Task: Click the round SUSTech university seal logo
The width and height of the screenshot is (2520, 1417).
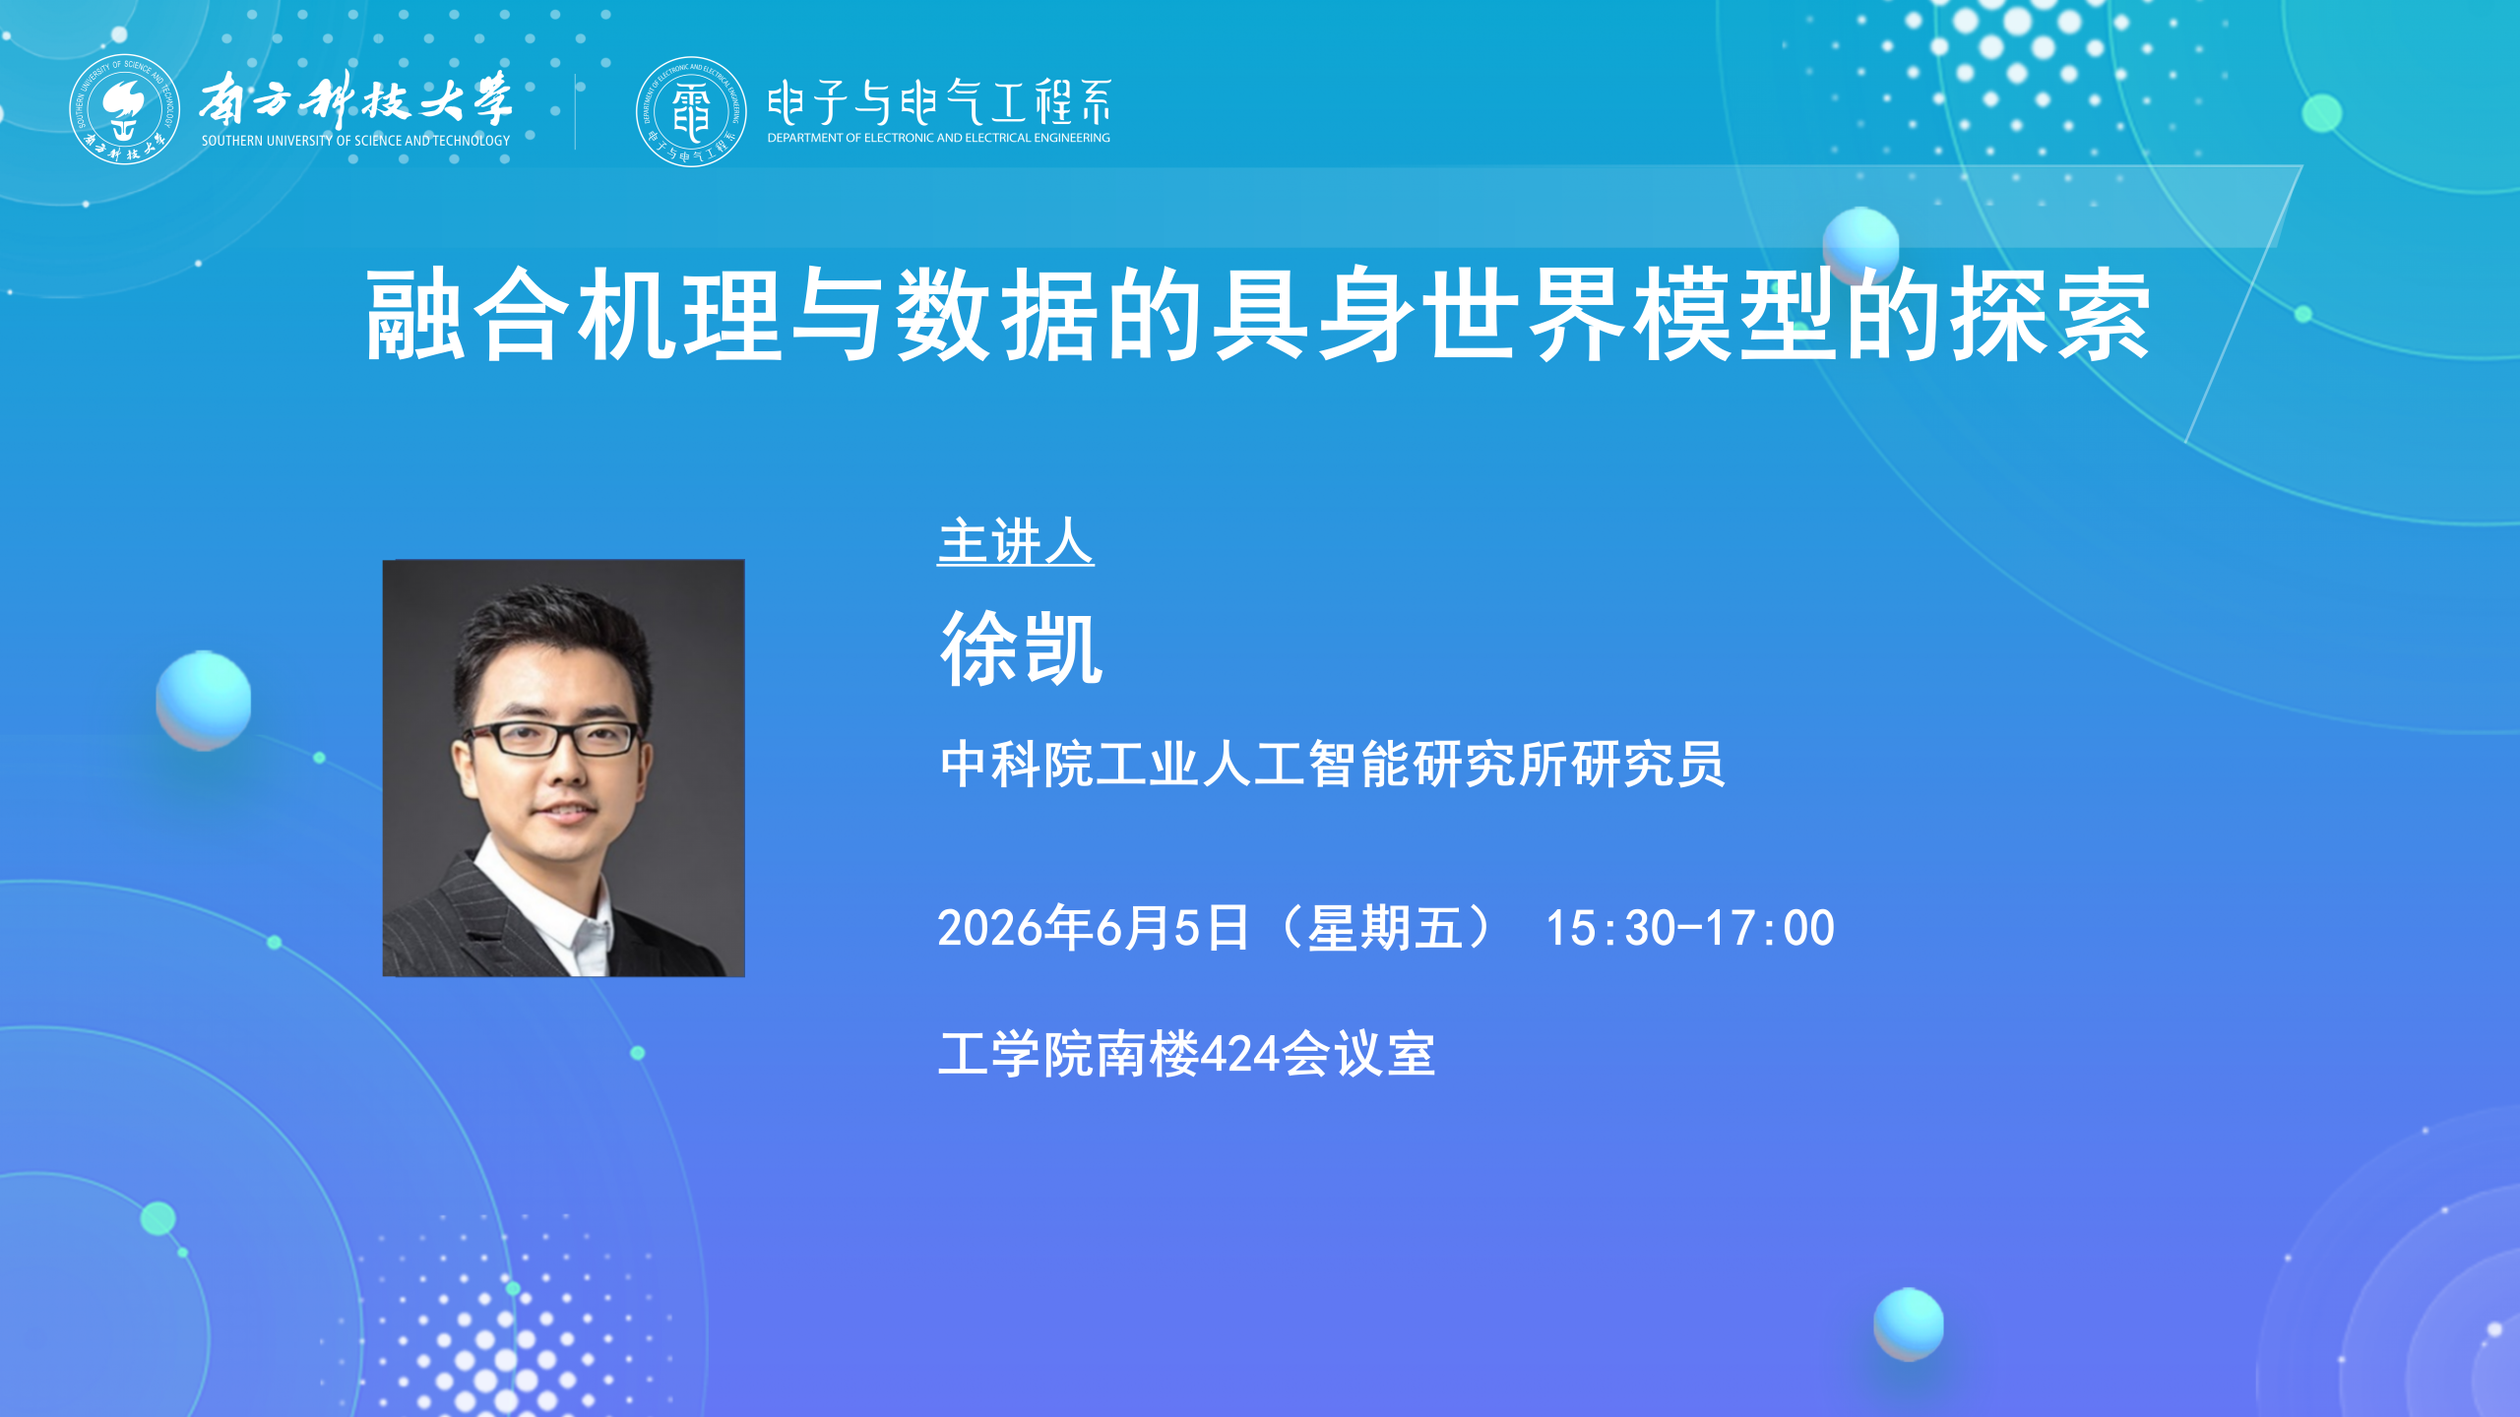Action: point(124,109)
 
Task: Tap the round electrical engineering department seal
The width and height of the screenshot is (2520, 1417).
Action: point(691,111)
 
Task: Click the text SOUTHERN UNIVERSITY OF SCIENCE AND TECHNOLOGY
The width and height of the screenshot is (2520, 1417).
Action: point(356,141)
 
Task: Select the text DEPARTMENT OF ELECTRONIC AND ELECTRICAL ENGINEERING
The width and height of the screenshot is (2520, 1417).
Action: point(939,138)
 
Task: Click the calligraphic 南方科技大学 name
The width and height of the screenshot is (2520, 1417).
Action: point(356,98)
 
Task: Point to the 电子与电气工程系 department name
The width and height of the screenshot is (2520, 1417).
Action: point(939,102)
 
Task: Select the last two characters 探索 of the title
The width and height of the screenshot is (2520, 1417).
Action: point(2051,315)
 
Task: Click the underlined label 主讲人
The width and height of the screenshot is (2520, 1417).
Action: point(1016,541)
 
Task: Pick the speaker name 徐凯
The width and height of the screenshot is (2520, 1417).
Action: point(1022,647)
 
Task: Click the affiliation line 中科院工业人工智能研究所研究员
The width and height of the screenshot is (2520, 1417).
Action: point(1333,765)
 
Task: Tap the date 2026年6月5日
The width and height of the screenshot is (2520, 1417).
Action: point(1093,928)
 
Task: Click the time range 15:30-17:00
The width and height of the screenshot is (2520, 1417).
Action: point(1690,928)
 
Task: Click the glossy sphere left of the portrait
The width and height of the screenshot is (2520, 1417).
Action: point(204,700)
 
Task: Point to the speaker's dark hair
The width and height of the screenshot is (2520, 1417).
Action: point(556,640)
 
